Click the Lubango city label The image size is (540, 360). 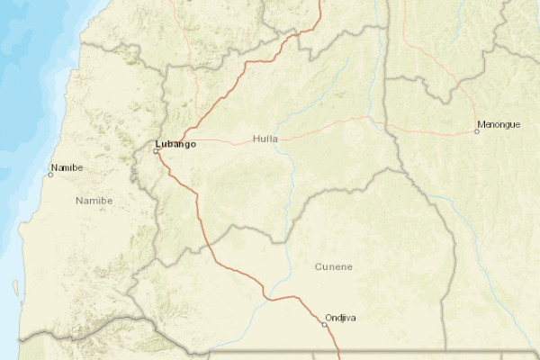tap(175, 143)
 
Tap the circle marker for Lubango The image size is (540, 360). tap(156, 151)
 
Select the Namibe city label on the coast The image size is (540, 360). tap(67, 167)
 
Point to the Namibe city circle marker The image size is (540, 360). tap(50, 174)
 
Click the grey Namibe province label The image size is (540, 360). tap(94, 200)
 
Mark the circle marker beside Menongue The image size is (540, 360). tap(477, 131)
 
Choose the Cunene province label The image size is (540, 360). tap(334, 267)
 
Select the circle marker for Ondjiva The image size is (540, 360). tap(325, 324)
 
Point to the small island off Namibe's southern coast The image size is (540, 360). tap(15, 288)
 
